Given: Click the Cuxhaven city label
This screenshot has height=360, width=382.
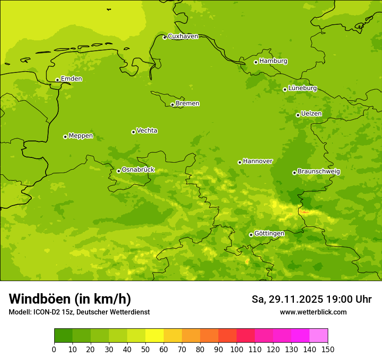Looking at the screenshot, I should coord(183,36).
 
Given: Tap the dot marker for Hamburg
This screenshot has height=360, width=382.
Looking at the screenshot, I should coord(256,62).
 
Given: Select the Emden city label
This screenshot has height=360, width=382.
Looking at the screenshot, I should coord(71,79).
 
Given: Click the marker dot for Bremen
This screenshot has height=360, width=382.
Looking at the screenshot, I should coord(172,105).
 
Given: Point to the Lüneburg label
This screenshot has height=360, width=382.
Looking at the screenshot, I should coord(303,88).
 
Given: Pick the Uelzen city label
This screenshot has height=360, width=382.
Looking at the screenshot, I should coord(311,114).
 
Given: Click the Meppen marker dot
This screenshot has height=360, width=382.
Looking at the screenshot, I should coord(65,137).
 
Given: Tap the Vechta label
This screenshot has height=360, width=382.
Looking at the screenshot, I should coord(147,131).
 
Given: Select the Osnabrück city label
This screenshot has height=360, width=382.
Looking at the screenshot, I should coord(138,170).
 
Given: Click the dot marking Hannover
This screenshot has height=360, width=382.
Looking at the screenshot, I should coord(240,162).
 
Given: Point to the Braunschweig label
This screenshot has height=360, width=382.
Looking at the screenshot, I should coord(319,171).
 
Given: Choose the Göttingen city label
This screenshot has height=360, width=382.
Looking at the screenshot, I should coord(269,233).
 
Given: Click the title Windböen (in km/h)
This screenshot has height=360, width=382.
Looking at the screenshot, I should coord(70,299).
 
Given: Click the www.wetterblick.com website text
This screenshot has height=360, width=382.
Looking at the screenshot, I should coord(313,312).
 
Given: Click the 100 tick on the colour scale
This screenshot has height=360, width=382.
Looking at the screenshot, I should coord(237,349).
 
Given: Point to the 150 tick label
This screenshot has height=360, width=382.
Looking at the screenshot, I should coord(328,349).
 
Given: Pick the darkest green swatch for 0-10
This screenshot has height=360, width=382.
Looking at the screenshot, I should coord(63,336).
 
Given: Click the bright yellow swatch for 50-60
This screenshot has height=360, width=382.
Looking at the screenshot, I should coord(155,336).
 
